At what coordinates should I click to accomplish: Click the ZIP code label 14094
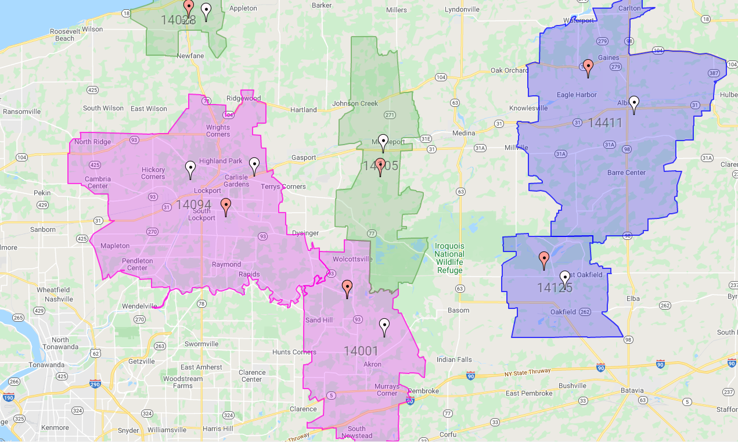tap(193, 204)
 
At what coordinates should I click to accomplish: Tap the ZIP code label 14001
tap(361, 351)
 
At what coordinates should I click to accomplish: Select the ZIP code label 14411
tap(605, 123)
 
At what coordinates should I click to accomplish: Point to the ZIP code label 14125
tap(555, 288)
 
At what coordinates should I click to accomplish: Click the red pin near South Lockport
tap(226, 207)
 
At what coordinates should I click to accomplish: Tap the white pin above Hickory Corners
tap(190, 170)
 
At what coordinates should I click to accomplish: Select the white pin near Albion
tap(635, 104)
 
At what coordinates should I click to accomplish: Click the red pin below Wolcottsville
tap(347, 289)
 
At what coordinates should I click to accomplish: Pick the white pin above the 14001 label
tap(384, 327)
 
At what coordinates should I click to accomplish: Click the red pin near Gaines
tap(588, 68)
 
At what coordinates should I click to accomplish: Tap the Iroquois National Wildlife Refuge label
tap(449, 258)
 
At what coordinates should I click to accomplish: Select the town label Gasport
tap(304, 157)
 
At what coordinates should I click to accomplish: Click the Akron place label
tap(372, 365)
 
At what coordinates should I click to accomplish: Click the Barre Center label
tap(627, 173)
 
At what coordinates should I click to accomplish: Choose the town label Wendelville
tap(139, 306)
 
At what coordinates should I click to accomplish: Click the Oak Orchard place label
tap(509, 70)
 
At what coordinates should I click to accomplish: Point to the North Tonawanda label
tap(60, 343)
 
